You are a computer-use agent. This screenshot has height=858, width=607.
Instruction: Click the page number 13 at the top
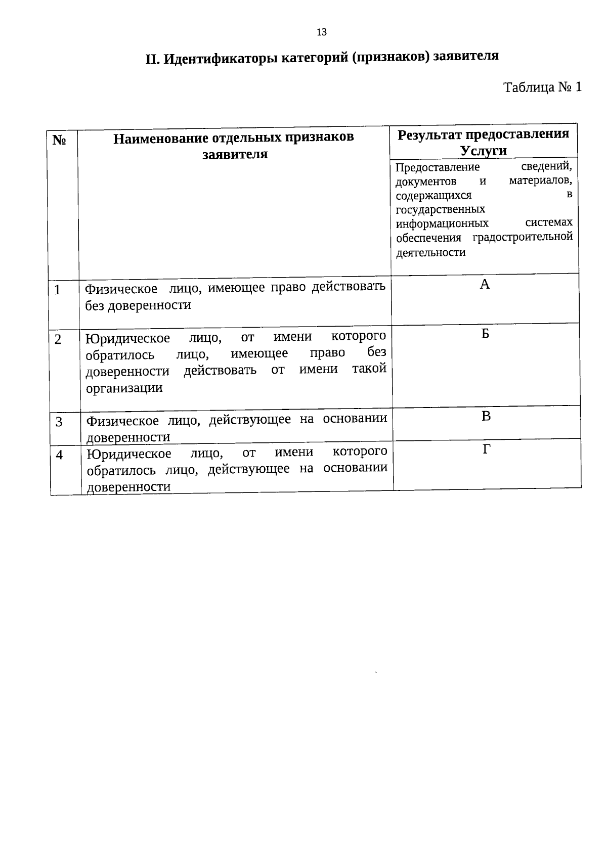click(322, 33)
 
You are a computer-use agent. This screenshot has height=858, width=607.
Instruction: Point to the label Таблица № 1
click(542, 87)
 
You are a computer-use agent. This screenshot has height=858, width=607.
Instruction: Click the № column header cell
click(59, 140)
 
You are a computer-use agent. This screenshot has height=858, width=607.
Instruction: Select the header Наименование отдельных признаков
click(234, 138)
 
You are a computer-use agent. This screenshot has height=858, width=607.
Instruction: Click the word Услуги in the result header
click(483, 151)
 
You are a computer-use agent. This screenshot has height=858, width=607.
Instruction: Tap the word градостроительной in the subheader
click(523, 237)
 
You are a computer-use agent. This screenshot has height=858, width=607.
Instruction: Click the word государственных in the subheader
click(440, 209)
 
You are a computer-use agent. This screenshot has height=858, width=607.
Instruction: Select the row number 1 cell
click(58, 290)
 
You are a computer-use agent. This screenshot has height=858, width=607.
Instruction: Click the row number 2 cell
click(59, 339)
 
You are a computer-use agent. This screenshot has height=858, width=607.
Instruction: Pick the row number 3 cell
click(59, 422)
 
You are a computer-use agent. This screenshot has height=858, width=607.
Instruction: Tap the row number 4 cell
click(60, 455)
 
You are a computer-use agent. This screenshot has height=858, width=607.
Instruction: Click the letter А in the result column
click(485, 285)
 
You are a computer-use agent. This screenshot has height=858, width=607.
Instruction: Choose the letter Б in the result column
click(485, 334)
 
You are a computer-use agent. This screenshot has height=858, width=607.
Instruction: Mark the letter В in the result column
click(486, 417)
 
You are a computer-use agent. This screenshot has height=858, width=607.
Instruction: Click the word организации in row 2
click(124, 388)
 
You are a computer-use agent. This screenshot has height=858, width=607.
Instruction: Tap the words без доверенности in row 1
click(138, 305)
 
